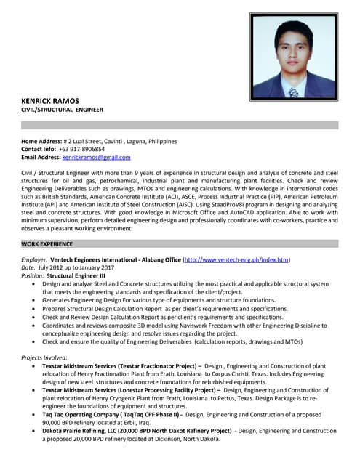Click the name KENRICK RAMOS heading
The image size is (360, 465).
(51, 100)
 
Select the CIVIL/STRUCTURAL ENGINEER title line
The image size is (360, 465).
(62, 110)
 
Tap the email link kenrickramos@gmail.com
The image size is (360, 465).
(96, 157)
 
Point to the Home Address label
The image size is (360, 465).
(41, 141)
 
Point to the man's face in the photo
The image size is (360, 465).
(292, 57)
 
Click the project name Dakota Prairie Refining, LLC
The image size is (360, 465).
(83, 431)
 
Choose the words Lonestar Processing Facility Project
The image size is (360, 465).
(170, 390)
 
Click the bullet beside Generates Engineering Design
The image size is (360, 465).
(36, 300)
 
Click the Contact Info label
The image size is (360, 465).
(39, 149)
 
